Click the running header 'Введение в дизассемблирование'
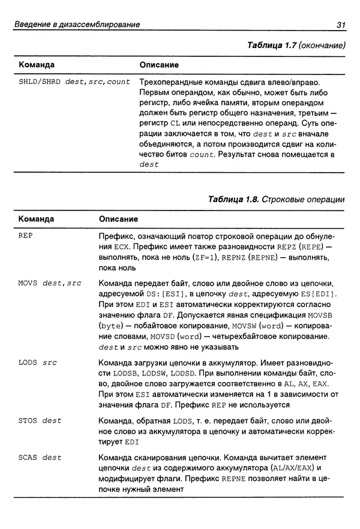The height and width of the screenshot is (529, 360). tap(77, 25)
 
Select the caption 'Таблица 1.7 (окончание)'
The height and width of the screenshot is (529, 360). tap(292, 46)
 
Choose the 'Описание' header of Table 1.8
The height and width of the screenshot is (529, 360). tap(118, 220)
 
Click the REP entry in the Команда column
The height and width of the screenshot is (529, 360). tap(26, 236)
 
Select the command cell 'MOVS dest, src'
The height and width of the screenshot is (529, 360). tap(50, 282)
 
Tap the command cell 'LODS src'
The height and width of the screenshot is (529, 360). tap(38, 363)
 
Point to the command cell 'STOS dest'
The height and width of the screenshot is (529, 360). tap(40, 420)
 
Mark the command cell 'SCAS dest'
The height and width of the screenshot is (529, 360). tap(40, 458)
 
